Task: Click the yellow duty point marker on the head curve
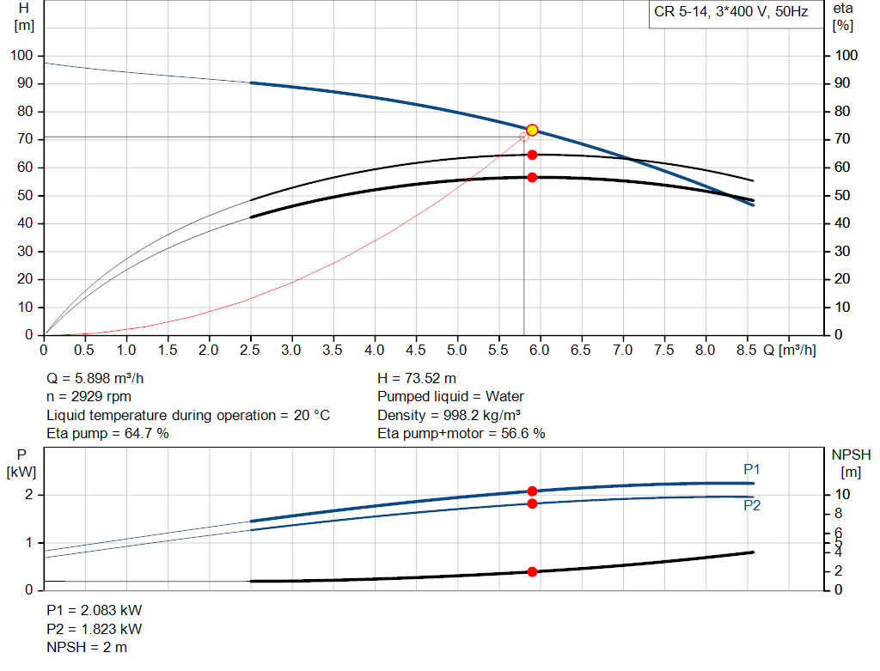(532, 130)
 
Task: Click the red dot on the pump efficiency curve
(532, 155)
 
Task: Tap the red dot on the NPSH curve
(532, 571)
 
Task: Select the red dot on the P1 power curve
(532, 491)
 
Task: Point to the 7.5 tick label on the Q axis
(664, 351)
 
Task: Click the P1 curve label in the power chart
(752, 469)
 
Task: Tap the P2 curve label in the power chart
(752, 505)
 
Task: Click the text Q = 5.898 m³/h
(101, 378)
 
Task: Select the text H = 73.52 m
(417, 378)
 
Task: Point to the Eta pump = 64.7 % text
(107, 434)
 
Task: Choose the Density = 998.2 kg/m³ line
(449, 415)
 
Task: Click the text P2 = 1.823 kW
(94, 629)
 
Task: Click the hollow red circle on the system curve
(524, 137)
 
